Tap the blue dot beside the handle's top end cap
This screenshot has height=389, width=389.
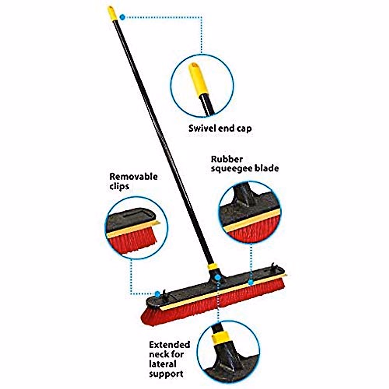[x=122, y=17]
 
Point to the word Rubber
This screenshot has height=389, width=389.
[x=227, y=159]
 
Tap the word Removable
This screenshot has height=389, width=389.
[x=133, y=177]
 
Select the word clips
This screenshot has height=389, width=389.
[x=119, y=186]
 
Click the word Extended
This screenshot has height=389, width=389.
[x=170, y=344]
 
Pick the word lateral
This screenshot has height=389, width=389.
[x=163, y=364]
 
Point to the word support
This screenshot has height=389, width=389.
[x=166, y=374]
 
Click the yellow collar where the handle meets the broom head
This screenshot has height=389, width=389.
[x=212, y=267]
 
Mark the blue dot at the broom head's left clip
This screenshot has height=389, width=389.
[x=158, y=294]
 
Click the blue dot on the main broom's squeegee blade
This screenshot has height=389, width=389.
[x=251, y=283]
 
